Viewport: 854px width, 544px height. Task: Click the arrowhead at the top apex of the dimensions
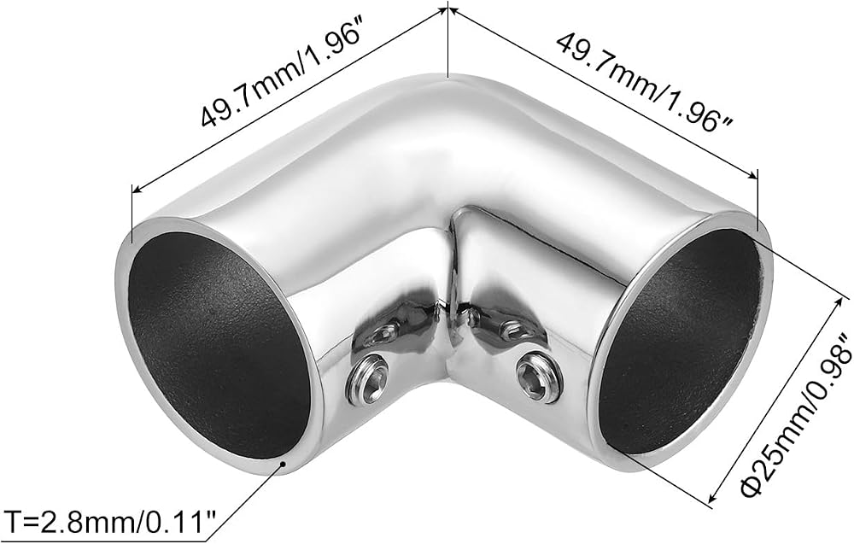[x=447, y=9]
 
